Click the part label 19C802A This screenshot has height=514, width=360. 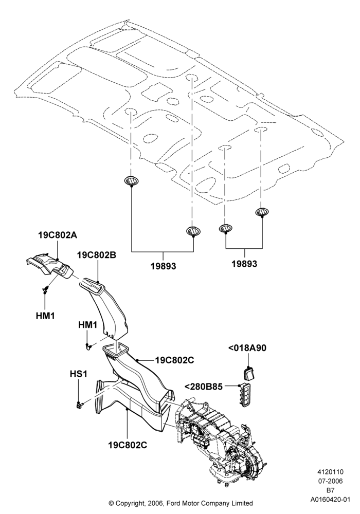click(58, 235)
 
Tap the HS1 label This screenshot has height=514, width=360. click(78, 374)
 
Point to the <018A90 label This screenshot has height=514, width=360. click(247, 348)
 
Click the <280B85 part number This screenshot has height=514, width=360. click(204, 387)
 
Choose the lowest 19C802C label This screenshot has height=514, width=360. click(128, 445)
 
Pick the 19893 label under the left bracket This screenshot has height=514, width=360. click(163, 266)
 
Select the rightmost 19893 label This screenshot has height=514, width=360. click(245, 263)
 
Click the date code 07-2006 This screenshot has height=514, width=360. click(331, 481)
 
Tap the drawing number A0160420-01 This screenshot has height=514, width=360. click(331, 499)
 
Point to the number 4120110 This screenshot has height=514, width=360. click(331, 472)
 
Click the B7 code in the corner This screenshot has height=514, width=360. click(331, 490)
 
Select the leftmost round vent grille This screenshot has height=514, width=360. click(131, 180)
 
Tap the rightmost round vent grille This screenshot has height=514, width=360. click(262, 212)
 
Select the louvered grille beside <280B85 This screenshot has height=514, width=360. click(246, 395)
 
